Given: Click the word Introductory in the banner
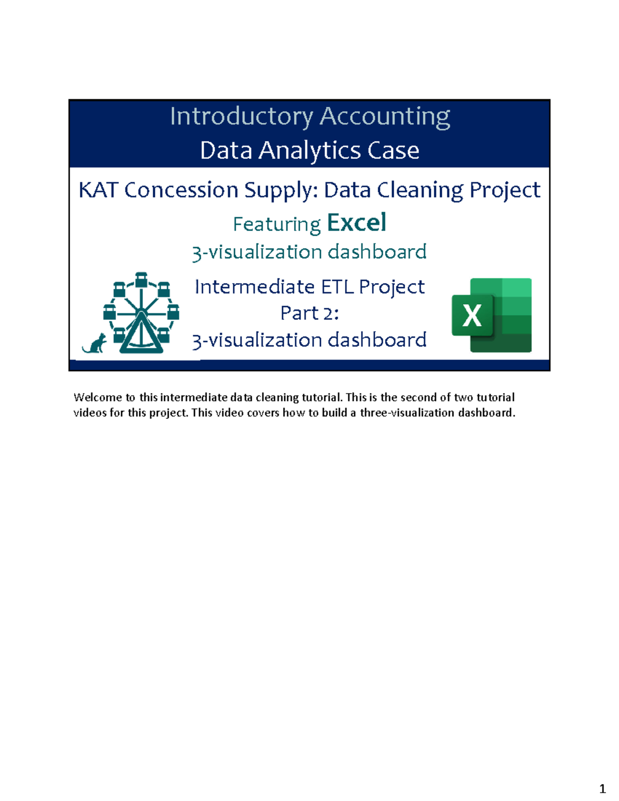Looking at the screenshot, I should pyautogui.click(x=241, y=117).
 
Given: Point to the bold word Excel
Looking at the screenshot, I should pyautogui.click(x=356, y=223).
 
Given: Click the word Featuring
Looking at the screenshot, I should pyautogui.click(x=276, y=224).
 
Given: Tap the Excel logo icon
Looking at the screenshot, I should pyautogui.click(x=492, y=315).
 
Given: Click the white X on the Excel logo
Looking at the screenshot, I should pyautogui.click(x=472, y=315).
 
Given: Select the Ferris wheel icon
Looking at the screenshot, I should pyautogui.click(x=141, y=313).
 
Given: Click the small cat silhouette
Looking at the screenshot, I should pyautogui.click(x=95, y=344).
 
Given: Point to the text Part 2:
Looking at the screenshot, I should pyautogui.click(x=309, y=313).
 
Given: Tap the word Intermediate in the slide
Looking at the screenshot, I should pyautogui.click(x=255, y=287).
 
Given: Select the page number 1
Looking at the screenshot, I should pyautogui.click(x=602, y=789).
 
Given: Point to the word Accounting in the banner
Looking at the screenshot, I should pyautogui.click(x=385, y=117).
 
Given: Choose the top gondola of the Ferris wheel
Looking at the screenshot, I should pyautogui.click(x=141, y=280).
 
